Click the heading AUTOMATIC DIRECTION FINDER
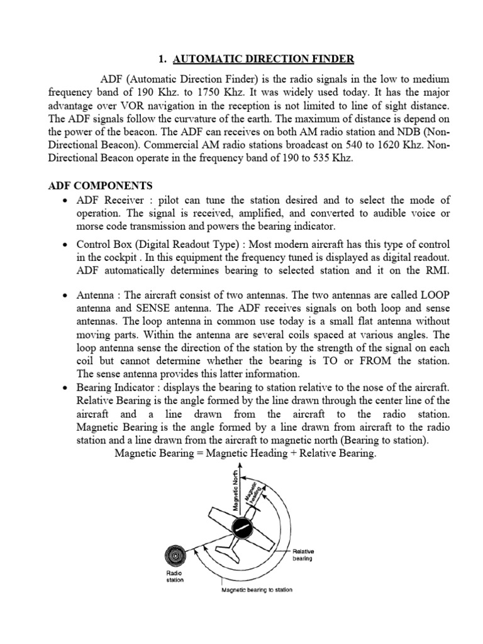[x=264, y=59]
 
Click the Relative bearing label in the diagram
[x=303, y=554]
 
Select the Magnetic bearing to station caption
[x=257, y=591]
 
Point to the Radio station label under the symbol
[x=175, y=577]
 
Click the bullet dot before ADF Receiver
[x=66, y=201]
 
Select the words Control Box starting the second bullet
[x=104, y=244]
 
